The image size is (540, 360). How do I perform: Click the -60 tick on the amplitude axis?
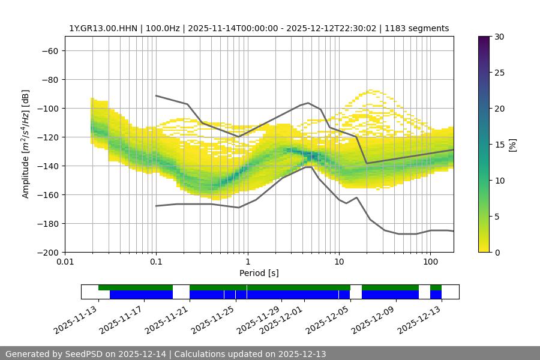50,50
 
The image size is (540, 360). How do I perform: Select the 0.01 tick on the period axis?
65,262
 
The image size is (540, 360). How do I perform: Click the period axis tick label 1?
247,262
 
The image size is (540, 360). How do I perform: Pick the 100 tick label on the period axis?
430,262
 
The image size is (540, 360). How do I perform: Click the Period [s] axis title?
259,273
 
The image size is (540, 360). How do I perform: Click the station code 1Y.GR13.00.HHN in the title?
102,28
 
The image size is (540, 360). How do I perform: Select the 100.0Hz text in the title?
162,28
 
